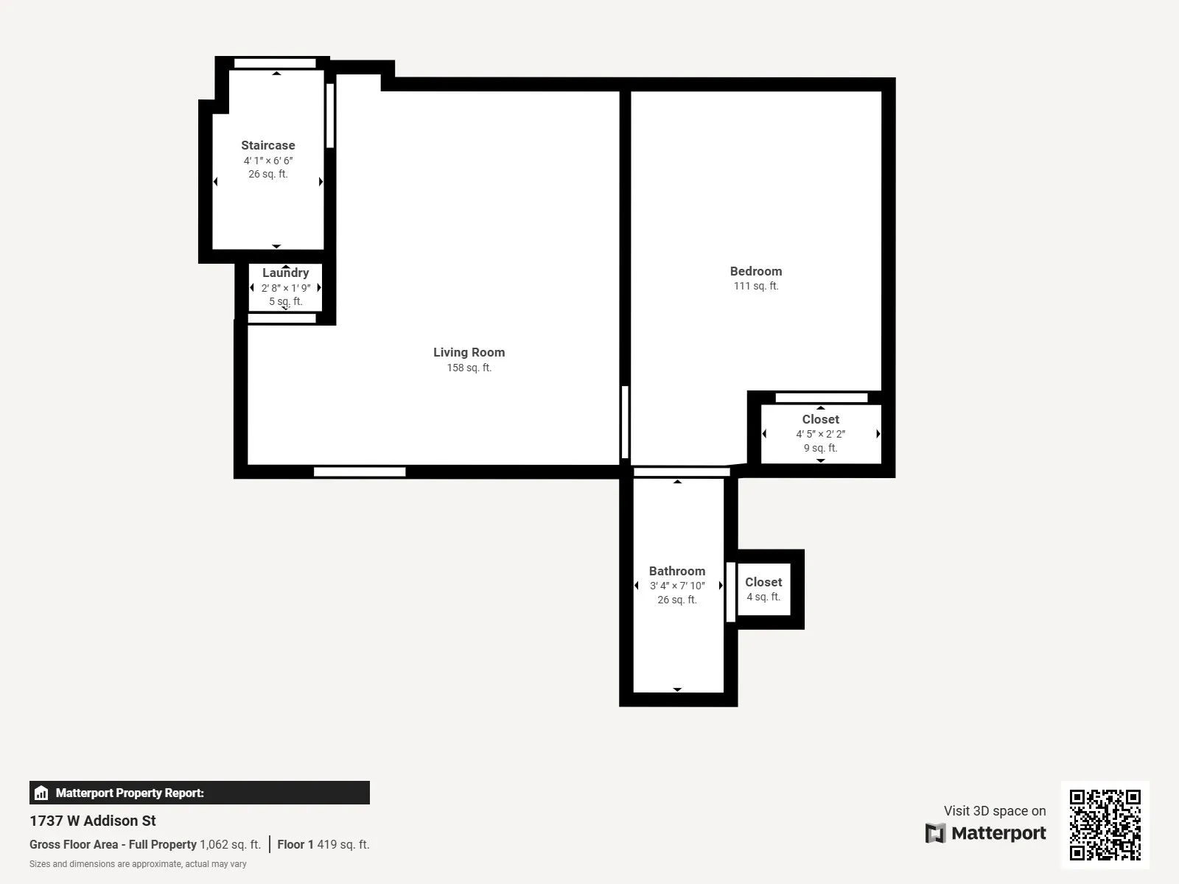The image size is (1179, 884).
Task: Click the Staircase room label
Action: click(x=267, y=146)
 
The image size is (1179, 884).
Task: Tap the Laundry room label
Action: click(x=285, y=273)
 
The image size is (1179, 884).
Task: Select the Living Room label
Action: click(x=469, y=353)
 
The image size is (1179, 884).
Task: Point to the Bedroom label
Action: click(x=755, y=272)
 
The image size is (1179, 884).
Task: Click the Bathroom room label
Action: click(x=676, y=572)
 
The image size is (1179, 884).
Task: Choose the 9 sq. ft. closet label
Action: click(x=820, y=420)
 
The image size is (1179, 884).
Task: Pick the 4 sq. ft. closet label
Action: click(x=763, y=583)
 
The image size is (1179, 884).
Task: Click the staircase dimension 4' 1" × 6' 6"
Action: click(x=268, y=161)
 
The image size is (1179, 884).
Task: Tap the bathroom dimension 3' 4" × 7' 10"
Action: click(x=677, y=586)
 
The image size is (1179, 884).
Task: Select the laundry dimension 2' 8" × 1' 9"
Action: click(x=286, y=288)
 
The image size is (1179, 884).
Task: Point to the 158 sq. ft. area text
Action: click(x=469, y=368)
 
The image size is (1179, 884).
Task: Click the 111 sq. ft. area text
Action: click(x=755, y=287)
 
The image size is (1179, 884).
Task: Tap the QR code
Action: click(x=1105, y=824)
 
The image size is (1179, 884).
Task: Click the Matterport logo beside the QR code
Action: click(x=985, y=833)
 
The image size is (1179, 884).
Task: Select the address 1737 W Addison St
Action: click(x=93, y=821)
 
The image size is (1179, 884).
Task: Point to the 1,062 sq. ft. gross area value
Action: click(x=230, y=845)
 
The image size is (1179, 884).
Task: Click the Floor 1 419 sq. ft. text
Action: click(x=323, y=845)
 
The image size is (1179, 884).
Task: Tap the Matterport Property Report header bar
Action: click(x=199, y=793)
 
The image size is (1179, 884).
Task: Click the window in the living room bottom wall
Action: click(x=360, y=472)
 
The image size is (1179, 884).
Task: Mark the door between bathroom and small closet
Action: click(x=730, y=592)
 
